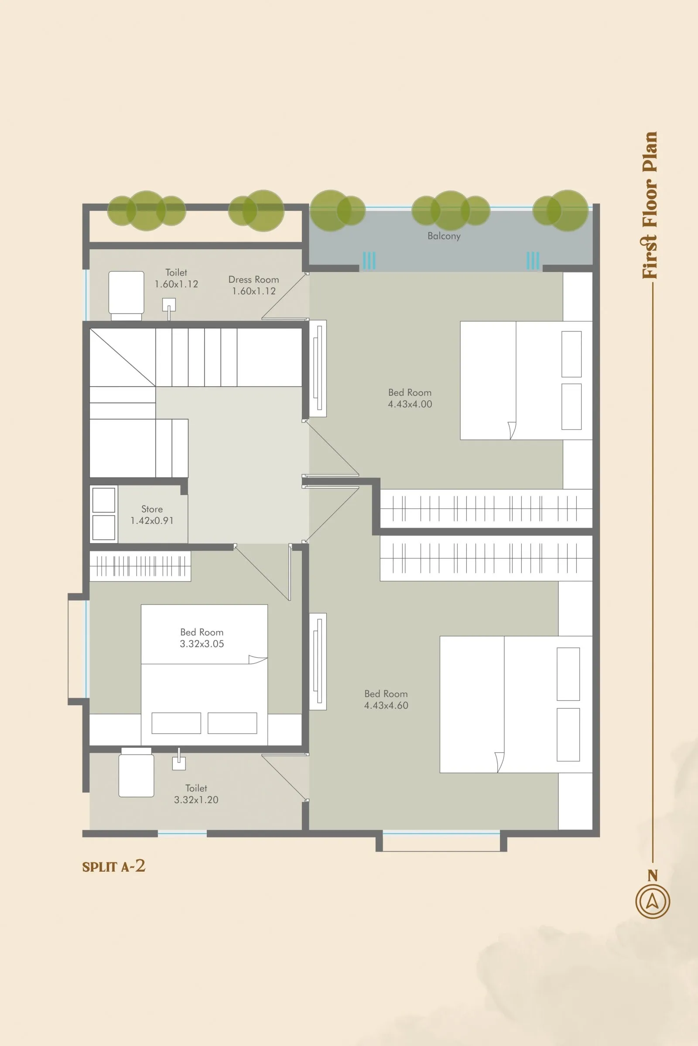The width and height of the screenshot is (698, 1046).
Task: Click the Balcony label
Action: coord(444,236)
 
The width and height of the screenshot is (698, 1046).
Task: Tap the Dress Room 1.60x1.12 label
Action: coord(254,285)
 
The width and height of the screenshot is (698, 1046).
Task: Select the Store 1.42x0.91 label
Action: coord(152,515)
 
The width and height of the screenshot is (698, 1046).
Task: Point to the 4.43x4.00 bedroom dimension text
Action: coord(410,404)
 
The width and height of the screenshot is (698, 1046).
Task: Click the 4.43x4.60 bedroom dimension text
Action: coord(386,705)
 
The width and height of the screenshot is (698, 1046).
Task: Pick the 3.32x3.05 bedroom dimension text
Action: coord(202,644)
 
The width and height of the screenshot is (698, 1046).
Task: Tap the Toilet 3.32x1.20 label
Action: coord(196,794)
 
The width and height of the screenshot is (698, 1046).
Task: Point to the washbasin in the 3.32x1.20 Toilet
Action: coord(179,763)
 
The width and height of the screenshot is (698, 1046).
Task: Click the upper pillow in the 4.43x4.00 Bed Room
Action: coord(571,354)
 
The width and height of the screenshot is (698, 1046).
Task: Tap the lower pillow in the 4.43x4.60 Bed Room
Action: coord(568,734)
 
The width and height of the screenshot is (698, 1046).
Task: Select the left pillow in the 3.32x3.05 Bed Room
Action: coord(176,723)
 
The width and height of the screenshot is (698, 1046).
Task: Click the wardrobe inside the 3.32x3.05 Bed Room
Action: coord(140,566)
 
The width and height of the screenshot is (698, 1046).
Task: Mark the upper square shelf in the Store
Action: coord(104,500)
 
